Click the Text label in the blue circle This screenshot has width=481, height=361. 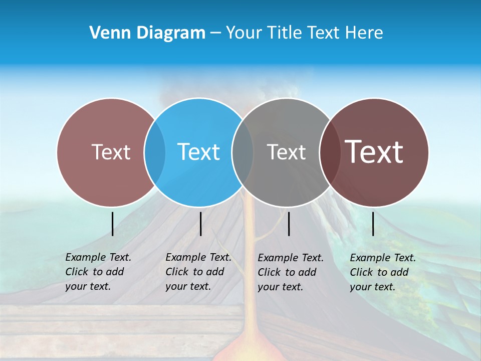coord(199,152)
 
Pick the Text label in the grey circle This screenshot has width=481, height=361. coord(286,152)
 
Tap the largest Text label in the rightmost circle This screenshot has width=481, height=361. coord(374,151)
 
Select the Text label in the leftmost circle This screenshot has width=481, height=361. coord(111,152)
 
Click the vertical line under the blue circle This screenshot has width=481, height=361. coord(200,224)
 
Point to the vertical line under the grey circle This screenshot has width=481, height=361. coord(289,224)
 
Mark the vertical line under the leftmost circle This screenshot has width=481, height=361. coord(112,224)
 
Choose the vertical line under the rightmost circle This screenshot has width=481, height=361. coord(373,224)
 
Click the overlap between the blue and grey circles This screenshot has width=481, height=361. coord(243,152)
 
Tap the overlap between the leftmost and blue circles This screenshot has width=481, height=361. coord(155,152)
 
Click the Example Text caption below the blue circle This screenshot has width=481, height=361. coord(198,272)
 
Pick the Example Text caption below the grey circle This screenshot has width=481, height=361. coord(290,272)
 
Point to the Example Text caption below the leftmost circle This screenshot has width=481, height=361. coord(98,272)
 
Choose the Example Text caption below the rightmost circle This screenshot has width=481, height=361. coord(382,272)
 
